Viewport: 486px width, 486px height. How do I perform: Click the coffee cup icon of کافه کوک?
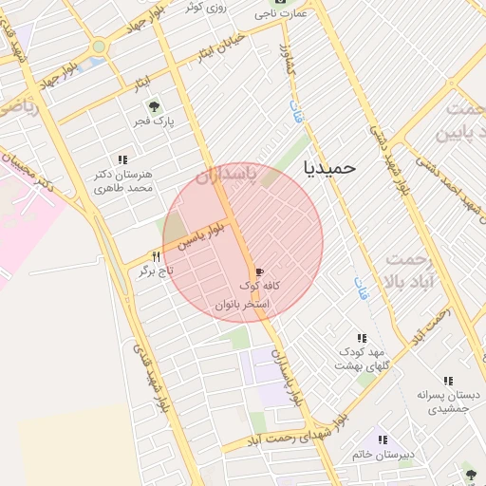(x=259, y=271)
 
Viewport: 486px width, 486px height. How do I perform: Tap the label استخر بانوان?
(x=242, y=305)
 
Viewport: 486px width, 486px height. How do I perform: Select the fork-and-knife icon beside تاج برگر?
(x=157, y=255)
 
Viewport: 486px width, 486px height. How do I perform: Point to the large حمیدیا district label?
(x=328, y=167)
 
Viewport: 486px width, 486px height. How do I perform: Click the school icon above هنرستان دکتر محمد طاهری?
(x=121, y=159)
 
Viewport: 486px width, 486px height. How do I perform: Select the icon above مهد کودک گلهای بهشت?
(x=362, y=337)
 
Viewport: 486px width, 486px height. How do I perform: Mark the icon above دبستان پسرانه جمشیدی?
(x=448, y=381)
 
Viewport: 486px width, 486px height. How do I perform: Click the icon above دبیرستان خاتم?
(x=383, y=439)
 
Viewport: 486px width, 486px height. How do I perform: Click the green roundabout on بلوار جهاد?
(x=99, y=46)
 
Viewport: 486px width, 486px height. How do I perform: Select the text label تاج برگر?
(x=132, y=271)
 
